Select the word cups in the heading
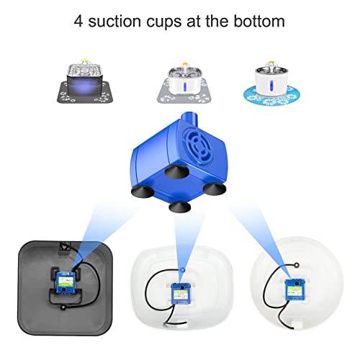point(174,22)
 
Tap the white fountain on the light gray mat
point(179,77)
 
